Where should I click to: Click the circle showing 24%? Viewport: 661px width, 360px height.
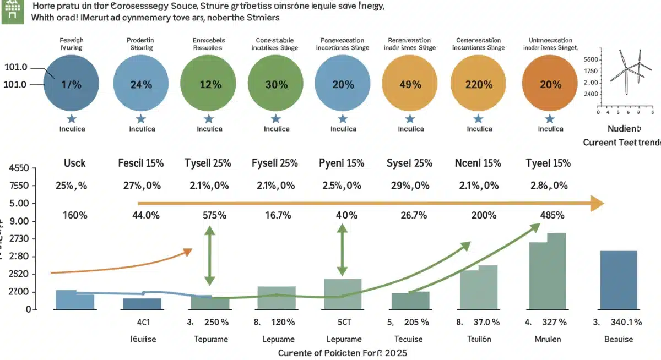point(140,84)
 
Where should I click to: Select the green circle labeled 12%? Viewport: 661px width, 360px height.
point(208,84)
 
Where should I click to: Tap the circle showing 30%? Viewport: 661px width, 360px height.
point(275,84)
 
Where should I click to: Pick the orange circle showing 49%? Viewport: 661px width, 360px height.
point(409,84)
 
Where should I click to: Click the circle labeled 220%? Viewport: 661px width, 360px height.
point(479,84)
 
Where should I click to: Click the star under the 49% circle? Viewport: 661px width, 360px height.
point(410,118)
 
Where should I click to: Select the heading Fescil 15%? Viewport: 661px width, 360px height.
point(139,163)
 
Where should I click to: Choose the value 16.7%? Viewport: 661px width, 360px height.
point(275,216)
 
